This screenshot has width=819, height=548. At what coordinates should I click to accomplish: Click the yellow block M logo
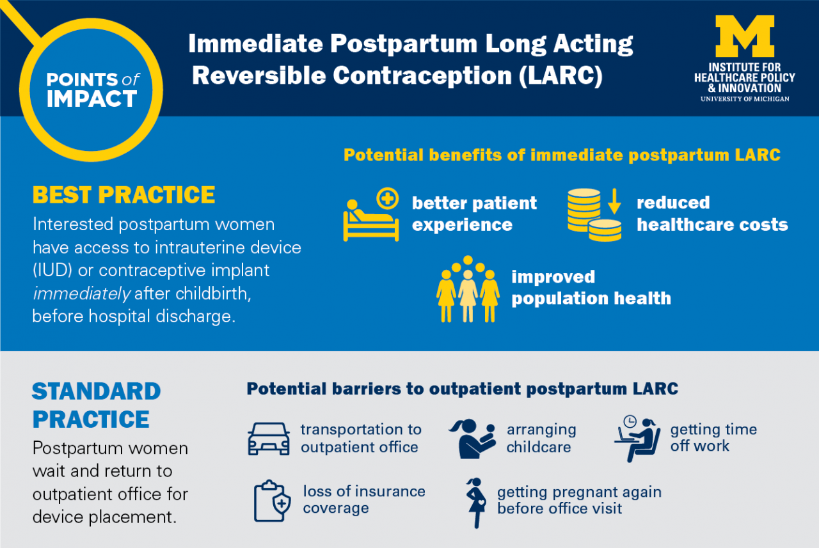tap(745, 36)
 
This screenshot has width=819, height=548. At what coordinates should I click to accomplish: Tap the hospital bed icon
tap(371, 216)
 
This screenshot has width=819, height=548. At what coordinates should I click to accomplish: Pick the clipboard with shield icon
tap(272, 501)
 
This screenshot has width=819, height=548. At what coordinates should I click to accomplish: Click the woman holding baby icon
tap(473, 438)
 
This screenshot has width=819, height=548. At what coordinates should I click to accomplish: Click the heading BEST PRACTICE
tap(123, 195)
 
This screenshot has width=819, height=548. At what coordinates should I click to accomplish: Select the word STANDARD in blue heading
tap(96, 391)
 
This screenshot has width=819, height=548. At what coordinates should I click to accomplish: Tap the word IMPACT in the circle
tap(91, 99)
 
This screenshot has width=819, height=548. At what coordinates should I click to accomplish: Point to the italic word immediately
tap(81, 294)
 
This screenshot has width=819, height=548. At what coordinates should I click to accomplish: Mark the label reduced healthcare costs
tap(712, 214)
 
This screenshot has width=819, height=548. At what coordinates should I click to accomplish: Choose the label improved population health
tap(591, 288)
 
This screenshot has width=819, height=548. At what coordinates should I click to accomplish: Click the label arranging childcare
tap(541, 438)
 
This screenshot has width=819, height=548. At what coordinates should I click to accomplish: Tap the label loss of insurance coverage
tap(363, 499)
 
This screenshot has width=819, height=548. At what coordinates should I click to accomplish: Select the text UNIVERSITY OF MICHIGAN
tap(745, 99)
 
